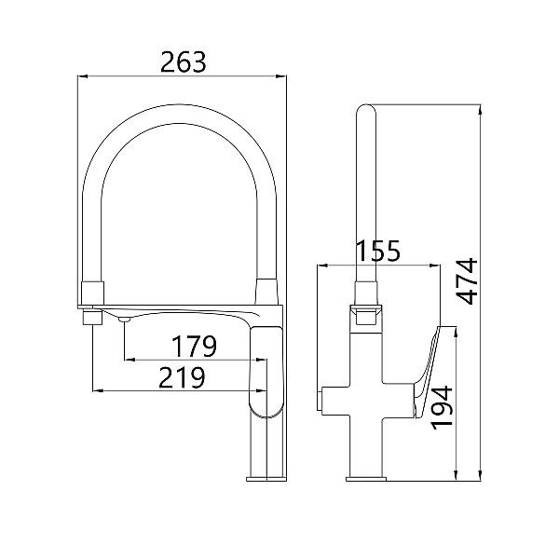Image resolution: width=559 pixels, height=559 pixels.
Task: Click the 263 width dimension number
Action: coord(184,62)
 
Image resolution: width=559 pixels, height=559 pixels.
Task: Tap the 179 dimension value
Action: coord(195,347)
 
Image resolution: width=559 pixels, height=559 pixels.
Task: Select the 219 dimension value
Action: coord(182,377)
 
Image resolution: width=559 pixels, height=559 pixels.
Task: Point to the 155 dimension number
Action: coord(378,251)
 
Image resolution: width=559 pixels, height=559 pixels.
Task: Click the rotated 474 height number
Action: coord(467,281)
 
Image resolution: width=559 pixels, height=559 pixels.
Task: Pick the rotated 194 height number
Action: coord(442,407)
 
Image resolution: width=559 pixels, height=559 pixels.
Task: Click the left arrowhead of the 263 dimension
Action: coord(82,76)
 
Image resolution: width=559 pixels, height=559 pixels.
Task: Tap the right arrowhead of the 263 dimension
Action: coord(281,76)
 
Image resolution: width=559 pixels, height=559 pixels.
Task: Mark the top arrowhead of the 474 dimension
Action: coord(480,109)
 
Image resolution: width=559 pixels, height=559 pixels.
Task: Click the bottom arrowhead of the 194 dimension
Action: coord(456,475)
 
